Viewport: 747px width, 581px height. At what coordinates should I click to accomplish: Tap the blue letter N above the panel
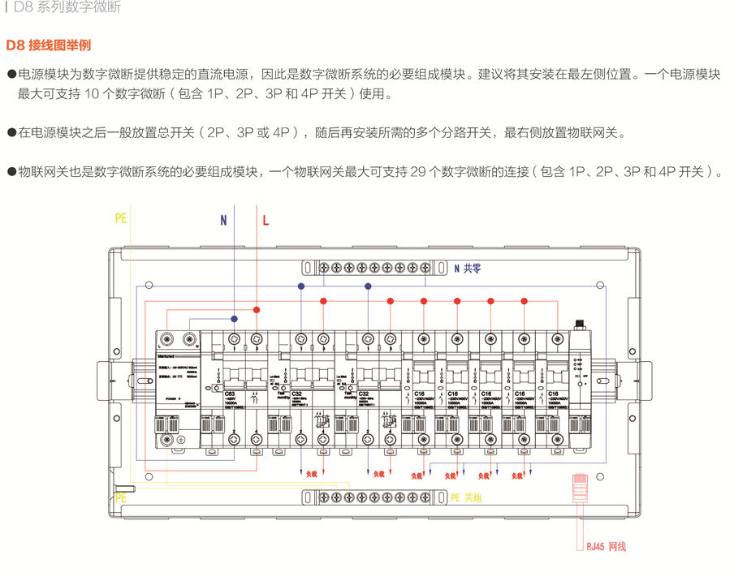tap(223, 220)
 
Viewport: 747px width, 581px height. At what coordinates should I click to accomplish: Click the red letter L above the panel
tap(265, 220)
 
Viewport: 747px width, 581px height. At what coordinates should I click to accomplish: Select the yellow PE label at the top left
tap(121, 218)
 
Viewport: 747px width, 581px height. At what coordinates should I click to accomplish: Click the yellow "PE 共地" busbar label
tap(466, 497)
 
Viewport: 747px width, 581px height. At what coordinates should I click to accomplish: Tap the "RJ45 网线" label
tap(607, 546)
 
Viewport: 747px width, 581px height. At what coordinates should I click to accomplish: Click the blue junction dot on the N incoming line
tap(234, 319)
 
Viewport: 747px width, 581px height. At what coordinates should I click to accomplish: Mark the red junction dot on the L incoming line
tap(257, 310)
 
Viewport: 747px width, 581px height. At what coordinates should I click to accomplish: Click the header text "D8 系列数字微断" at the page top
tap(68, 8)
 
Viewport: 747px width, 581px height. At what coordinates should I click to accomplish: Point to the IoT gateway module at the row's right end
tap(580, 381)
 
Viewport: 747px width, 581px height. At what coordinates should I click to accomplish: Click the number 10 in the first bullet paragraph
tap(91, 94)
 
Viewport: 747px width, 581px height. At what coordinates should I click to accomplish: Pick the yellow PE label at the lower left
tap(121, 498)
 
